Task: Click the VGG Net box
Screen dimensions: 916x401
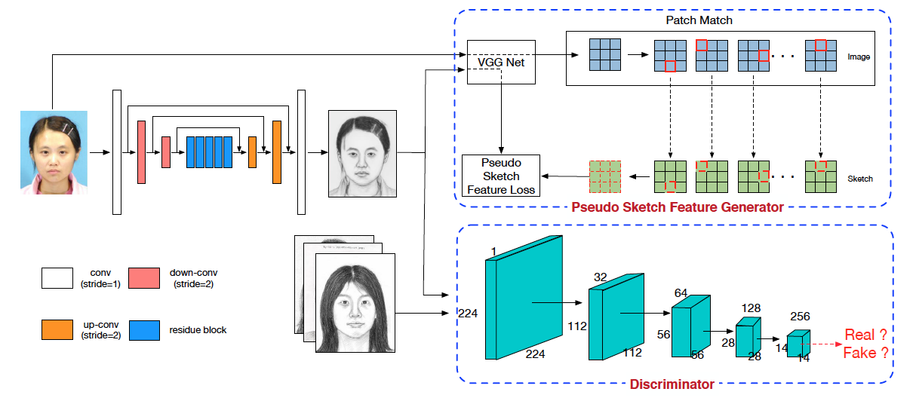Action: tap(501, 62)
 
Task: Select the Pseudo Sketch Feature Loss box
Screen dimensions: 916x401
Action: tap(500, 176)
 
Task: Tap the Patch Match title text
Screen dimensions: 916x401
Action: tap(699, 20)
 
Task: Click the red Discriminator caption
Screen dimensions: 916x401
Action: tap(672, 384)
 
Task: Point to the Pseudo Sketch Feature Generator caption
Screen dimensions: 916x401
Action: tap(677, 207)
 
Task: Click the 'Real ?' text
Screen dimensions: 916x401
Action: tap(865, 335)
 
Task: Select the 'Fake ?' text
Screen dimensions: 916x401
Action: tap(865, 353)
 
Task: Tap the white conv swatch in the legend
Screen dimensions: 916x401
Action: tap(57, 278)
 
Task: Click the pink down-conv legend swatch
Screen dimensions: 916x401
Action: tap(144, 278)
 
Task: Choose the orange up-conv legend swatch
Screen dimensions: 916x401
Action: tap(57, 329)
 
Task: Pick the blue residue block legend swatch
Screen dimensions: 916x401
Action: tap(144, 330)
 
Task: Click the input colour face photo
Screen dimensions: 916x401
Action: tap(54, 152)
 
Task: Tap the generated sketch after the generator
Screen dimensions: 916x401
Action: tap(362, 154)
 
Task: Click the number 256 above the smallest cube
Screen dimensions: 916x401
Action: tap(800, 316)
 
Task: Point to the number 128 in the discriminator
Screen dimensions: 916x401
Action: tap(751, 308)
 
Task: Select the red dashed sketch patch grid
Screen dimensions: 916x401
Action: tap(605, 176)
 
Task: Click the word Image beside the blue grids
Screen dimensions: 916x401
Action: tap(859, 57)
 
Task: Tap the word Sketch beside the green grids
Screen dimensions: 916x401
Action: tap(860, 179)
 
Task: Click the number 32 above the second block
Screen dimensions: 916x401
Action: tap(601, 277)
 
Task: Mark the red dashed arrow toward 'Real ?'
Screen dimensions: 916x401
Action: tap(821, 344)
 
